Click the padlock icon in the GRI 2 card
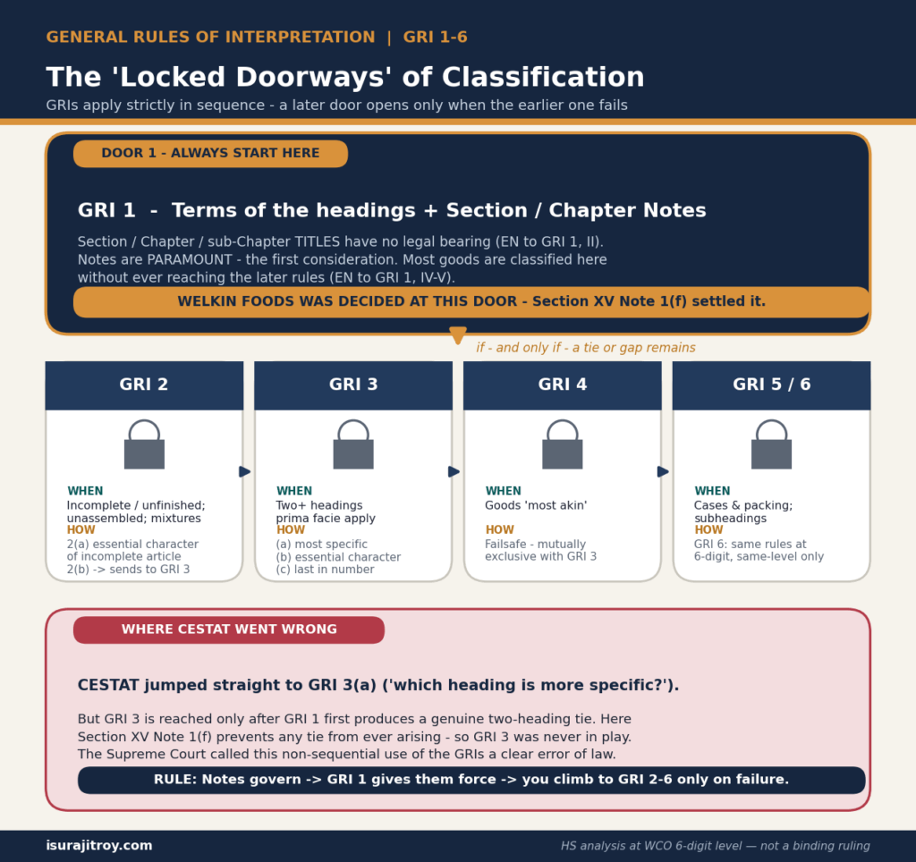click(x=144, y=444)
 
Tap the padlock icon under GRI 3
click(x=353, y=444)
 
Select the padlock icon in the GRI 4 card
click(x=563, y=444)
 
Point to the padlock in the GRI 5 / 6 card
click(x=772, y=444)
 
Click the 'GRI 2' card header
click(x=144, y=385)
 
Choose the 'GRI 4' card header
click(x=563, y=385)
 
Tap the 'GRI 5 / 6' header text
click(x=772, y=385)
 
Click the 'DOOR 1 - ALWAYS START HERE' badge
click(x=210, y=154)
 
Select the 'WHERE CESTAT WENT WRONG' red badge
click(x=229, y=630)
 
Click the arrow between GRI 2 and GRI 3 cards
click(x=245, y=471)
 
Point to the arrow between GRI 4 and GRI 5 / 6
click(x=663, y=471)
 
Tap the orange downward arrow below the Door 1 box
click(x=458, y=335)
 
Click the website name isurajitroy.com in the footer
click(x=99, y=846)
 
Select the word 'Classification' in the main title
click(x=543, y=77)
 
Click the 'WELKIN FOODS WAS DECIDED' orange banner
click(x=472, y=302)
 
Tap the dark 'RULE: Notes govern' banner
click(x=471, y=780)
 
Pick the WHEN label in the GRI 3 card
click(x=294, y=491)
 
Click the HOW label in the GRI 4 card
click(x=499, y=529)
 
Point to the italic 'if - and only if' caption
click(x=586, y=348)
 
